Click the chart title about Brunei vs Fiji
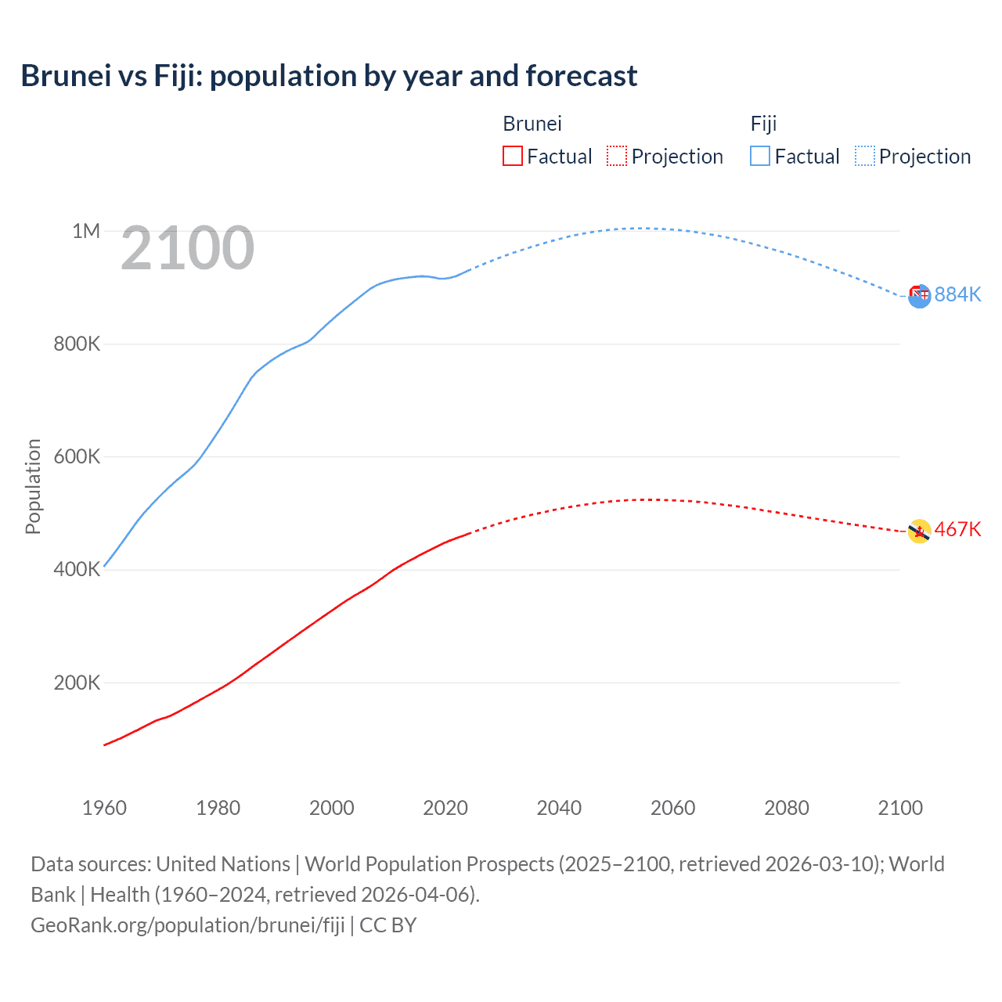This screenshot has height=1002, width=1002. (329, 76)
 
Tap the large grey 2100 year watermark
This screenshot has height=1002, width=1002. (188, 248)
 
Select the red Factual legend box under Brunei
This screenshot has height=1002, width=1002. (512, 156)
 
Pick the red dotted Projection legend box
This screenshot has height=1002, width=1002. (617, 156)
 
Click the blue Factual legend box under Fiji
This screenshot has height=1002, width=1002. (760, 156)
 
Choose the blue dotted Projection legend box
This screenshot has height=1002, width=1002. (865, 156)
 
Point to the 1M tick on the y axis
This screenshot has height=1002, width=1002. (86, 231)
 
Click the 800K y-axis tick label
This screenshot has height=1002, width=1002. (77, 344)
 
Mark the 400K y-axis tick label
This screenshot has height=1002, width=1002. (77, 569)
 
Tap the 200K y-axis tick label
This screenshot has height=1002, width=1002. (77, 683)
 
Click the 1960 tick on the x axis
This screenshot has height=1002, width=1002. (104, 808)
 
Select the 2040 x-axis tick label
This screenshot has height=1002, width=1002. (559, 808)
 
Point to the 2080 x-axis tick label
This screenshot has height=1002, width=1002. (787, 808)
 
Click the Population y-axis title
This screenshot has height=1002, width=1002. (33, 486)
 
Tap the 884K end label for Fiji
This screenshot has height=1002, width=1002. (957, 294)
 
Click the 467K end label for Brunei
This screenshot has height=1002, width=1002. (957, 529)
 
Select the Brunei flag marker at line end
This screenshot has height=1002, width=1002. (919, 532)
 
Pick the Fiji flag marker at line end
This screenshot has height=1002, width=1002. (920, 296)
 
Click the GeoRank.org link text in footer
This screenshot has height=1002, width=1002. (188, 925)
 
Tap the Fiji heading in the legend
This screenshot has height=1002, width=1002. (763, 124)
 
